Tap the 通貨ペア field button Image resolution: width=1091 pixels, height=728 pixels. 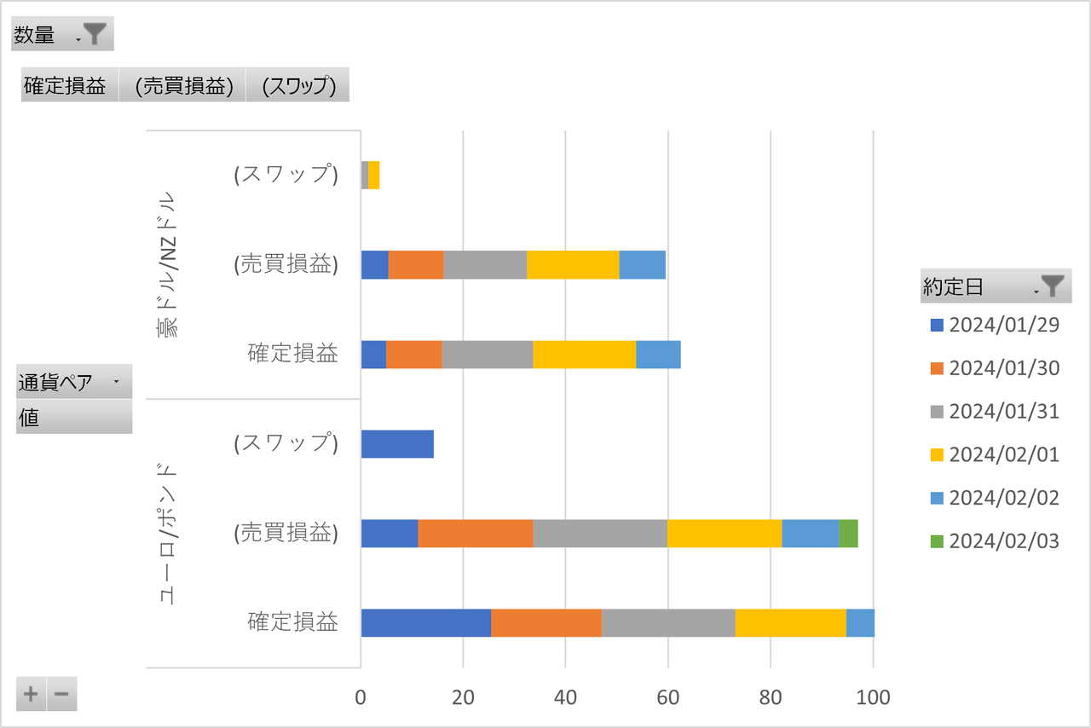tap(74, 382)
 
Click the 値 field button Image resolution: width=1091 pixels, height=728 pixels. tap(74, 418)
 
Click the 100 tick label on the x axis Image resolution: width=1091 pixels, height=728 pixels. tap(872, 697)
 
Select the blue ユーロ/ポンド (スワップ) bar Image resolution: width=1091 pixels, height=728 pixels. tap(397, 444)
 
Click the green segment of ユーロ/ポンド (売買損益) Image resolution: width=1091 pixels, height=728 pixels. tap(848, 534)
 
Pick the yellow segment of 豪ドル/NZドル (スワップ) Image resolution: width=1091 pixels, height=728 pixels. tap(373, 175)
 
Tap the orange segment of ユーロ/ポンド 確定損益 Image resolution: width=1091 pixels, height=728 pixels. tap(546, 623)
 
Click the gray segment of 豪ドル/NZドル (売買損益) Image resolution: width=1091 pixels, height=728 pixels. tap(485, 265)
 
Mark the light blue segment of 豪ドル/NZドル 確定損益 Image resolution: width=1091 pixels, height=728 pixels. tap(658, 354)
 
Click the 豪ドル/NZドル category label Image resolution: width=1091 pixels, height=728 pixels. tap(168, 264)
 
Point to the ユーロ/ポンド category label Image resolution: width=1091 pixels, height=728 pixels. tap(168, 534)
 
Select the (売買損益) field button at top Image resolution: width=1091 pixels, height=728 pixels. tap(183, 85)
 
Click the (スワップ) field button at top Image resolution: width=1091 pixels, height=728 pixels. tap(297, 85)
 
